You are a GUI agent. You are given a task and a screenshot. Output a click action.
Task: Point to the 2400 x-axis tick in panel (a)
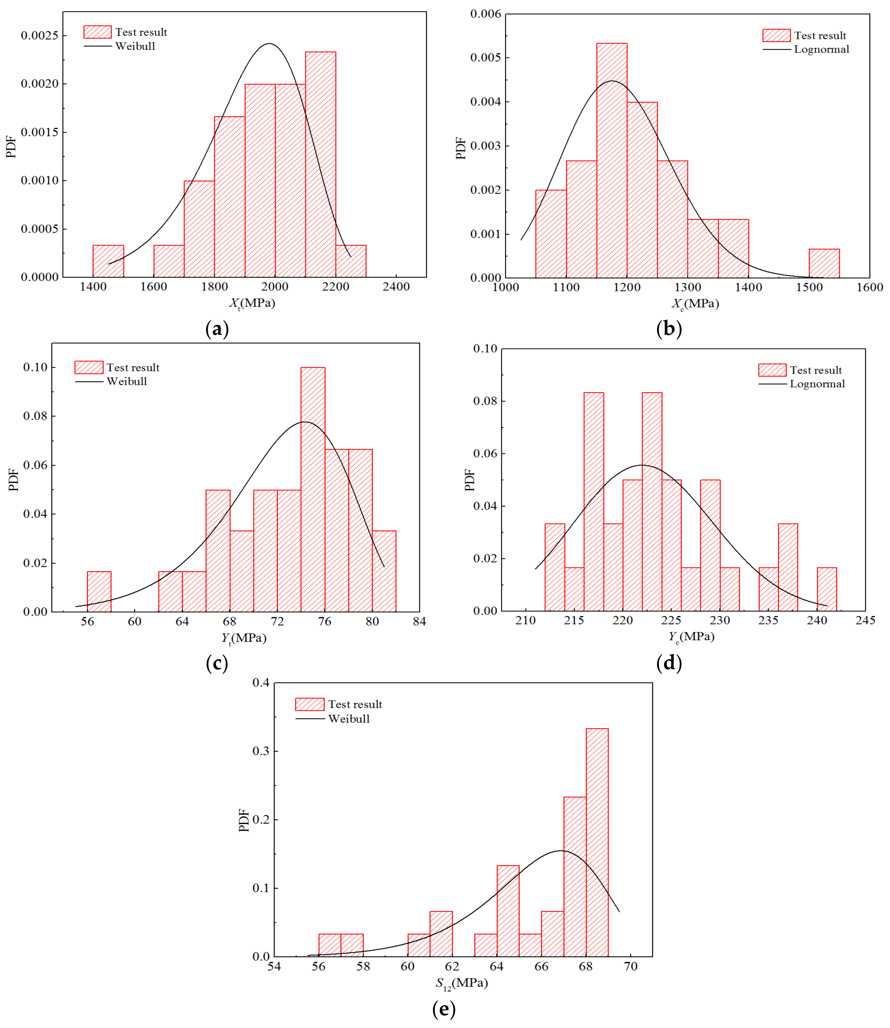tap(396, 287)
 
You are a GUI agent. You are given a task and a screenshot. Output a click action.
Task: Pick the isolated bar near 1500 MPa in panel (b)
tap(824, 264)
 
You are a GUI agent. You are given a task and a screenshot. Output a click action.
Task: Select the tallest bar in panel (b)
tap(612, 160)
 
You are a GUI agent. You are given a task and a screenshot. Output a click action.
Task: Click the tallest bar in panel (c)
tap(313, 489)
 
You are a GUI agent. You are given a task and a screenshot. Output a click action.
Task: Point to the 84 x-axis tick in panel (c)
tap(419, 622)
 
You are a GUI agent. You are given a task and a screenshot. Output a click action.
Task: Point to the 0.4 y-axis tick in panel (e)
tap(261, 683)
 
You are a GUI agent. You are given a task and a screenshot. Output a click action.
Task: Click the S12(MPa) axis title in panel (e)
tap(462, 983)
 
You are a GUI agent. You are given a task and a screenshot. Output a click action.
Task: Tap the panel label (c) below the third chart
tap(217, 663)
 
